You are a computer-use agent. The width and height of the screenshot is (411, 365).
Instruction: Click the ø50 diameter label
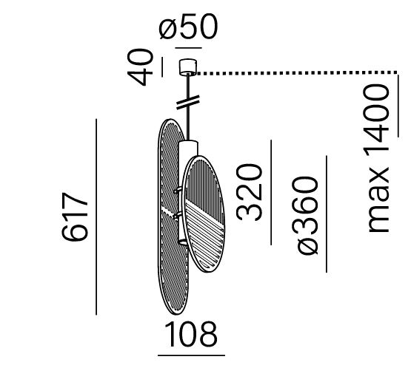click(x=188, y=27)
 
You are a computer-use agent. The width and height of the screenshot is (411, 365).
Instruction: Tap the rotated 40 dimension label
click(x=140, y=67)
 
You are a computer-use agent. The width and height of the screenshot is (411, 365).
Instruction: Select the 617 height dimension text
click(x=75, y=216)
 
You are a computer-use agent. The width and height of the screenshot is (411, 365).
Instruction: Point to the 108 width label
click(x=191, y=335)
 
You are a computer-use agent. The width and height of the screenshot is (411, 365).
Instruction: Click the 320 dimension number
click(x=249, y=192)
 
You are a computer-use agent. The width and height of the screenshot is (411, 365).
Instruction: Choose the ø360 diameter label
click(x=305, y=215)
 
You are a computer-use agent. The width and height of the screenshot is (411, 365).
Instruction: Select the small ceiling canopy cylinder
click(x=188, y=67)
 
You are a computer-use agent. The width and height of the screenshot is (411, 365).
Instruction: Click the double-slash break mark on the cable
click(x=188, y=102)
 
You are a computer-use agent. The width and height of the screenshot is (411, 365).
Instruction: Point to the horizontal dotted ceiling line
click(x=298, y=73)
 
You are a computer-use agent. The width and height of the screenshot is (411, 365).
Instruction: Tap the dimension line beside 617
click(x=96, y=216)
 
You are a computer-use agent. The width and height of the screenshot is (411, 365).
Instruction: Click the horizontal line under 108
click(x=191, y=355)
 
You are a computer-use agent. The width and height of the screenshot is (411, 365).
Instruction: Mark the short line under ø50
click(x=188, y=48)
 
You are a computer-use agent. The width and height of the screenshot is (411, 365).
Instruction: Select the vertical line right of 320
click(x=271, y=192)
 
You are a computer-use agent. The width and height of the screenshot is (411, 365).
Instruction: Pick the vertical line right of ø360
click(x=327, y=214)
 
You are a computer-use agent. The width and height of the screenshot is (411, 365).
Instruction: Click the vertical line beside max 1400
click(x=398, y=106)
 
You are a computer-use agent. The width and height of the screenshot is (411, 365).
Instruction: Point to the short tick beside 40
click(x=162, y=67)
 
